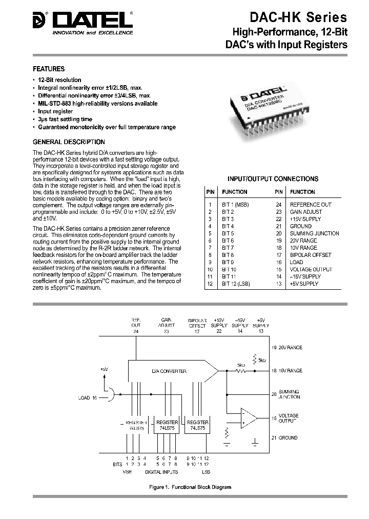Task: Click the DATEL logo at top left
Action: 82,23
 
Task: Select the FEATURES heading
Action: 49,69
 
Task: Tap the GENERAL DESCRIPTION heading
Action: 69,142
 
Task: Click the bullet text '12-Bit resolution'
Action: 59,80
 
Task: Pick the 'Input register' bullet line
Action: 55,111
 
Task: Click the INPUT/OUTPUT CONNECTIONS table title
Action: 273,179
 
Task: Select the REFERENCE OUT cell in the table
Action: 311,205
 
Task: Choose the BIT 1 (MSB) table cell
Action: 235,205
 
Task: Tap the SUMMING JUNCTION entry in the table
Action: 314,233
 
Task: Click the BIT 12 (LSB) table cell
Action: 236,284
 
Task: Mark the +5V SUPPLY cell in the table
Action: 305,284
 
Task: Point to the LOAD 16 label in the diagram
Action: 88,397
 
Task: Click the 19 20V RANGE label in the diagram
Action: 287,348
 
